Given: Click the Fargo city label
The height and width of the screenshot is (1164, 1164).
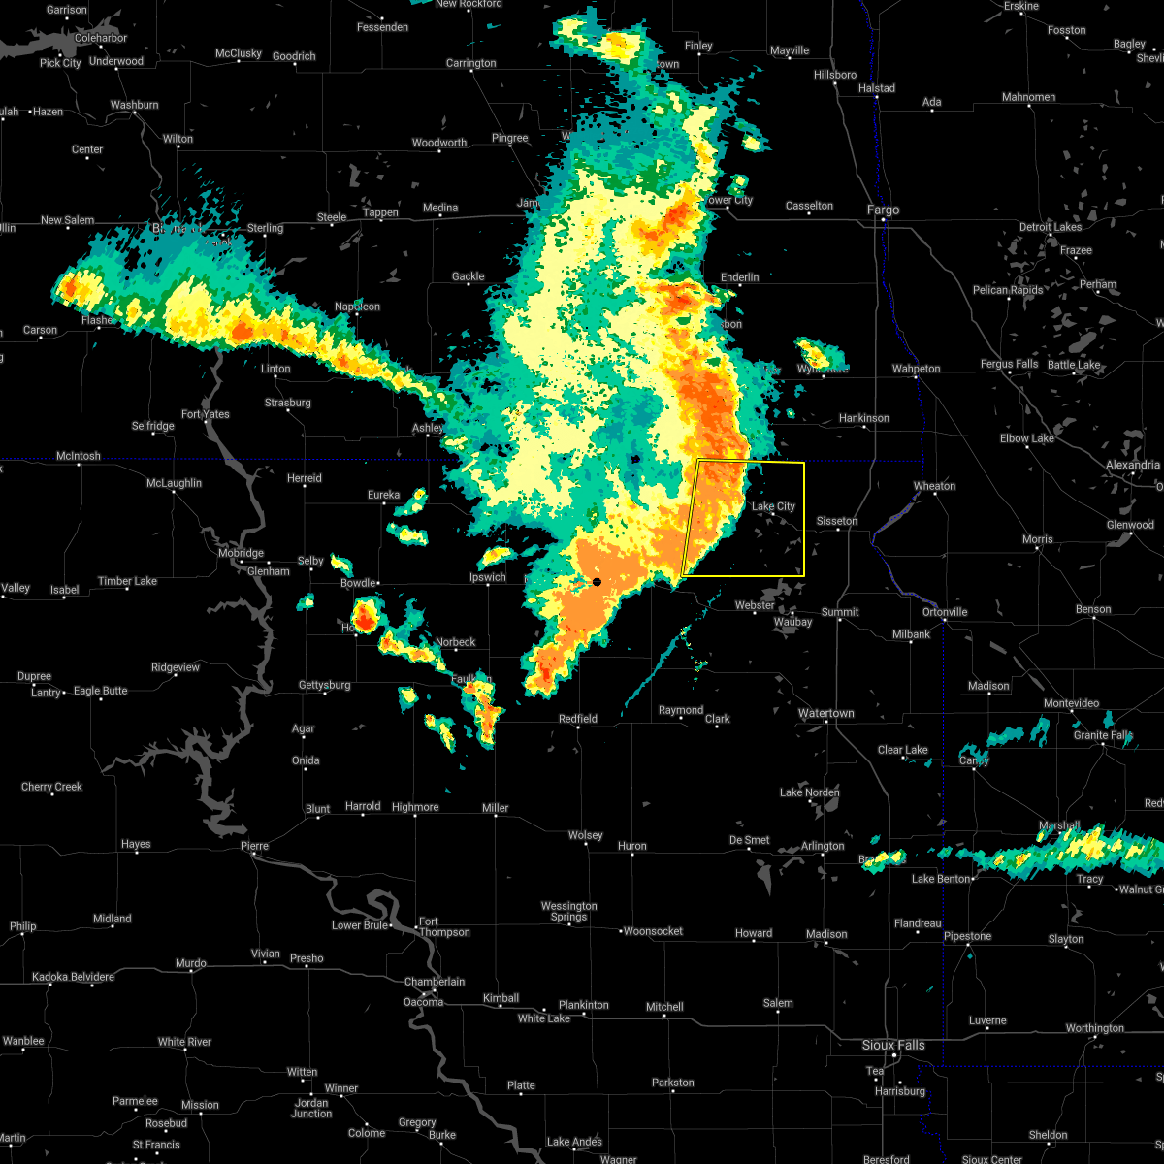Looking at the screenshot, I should coord(883,210).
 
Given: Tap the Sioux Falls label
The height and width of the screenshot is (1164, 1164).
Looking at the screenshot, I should coord(893,1045).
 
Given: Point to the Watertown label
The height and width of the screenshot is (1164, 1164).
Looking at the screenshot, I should coord(825,713).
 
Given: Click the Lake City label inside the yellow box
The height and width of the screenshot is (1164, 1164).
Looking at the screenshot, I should coord(773,506).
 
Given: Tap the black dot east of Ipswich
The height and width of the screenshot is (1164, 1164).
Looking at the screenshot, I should coord(598,582).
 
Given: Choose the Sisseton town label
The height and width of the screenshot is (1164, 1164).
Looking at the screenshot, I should coord(836,521).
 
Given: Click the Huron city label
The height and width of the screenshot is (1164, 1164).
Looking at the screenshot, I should coord(631,846).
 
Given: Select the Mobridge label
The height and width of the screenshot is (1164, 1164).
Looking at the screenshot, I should coord(240,553).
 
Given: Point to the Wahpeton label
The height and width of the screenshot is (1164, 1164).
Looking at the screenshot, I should coord(916,369).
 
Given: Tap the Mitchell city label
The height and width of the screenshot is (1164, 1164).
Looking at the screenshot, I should coord(664,1007).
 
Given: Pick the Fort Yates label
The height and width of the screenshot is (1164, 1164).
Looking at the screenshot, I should coord(205,414).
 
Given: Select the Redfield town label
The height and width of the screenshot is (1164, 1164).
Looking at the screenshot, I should coord(577,719).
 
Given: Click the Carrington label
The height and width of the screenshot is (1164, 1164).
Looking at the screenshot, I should coord(470,63).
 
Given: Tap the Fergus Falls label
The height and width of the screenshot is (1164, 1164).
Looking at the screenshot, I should coord(1009,364).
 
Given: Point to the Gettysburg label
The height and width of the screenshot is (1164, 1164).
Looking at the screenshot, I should coord(324,685).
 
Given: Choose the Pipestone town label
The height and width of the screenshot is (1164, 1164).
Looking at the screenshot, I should coord(968,936).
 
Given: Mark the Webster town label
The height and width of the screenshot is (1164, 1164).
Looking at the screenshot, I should coord(755,605).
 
